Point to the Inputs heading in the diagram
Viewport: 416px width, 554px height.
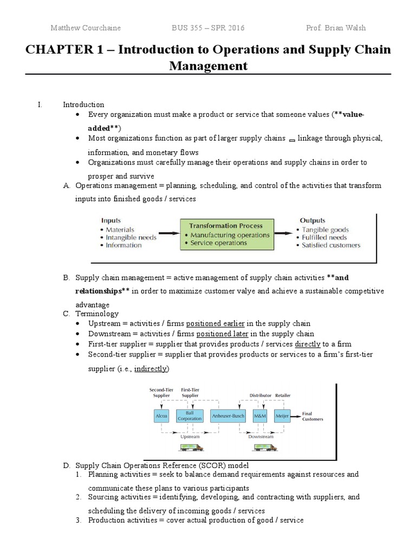pyautogui.click(x=111, y=220)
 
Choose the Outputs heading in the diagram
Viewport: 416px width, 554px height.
pyautogui.click(x=313, y=220)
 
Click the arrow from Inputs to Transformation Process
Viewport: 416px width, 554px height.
pyautogui.click(x=168, y=234)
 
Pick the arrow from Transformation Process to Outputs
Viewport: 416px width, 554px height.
pyautogui.click(x=284, y=234)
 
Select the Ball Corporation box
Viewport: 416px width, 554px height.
pyautogui.click(x=190, y=415)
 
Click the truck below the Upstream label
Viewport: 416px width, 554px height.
pyautogui.click(x=189, y=447)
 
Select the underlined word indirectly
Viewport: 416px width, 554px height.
pyautogui.click(x=151, y=368)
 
